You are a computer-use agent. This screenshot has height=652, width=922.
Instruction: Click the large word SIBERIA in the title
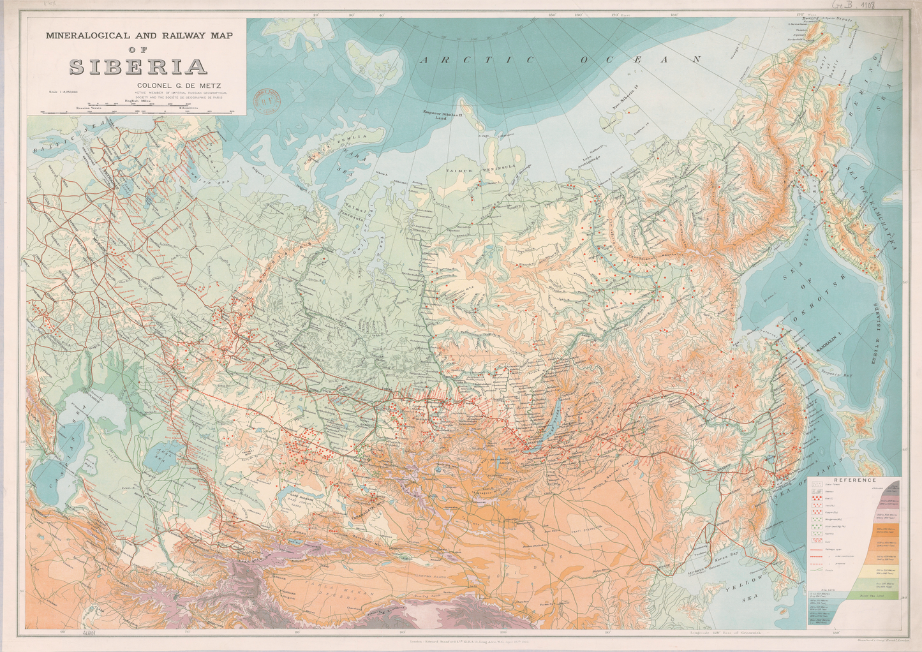[138, 67]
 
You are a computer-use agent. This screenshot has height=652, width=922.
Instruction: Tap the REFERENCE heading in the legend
[854, 480]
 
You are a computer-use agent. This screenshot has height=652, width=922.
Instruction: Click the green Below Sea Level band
[884, 595]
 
